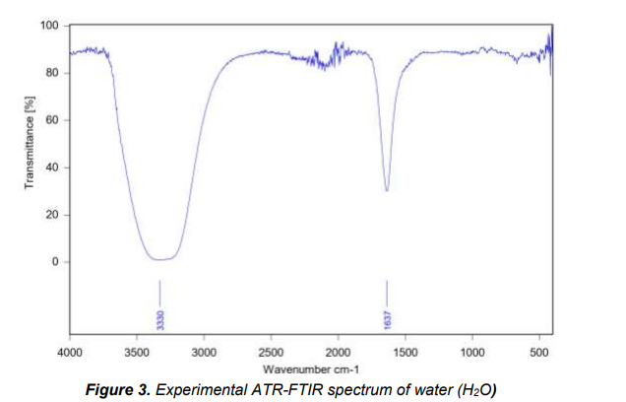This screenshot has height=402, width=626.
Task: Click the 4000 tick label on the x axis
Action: tap(69, 351)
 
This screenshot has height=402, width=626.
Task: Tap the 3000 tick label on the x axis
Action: tap(204, 351)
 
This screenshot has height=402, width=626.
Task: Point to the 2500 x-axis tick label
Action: tap(271, 351)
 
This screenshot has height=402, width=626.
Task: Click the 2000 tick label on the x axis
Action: tap(338, 351)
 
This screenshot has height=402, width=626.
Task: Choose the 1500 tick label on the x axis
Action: tap(406, 351)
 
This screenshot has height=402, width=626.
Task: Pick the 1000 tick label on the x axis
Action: tap(472, 351)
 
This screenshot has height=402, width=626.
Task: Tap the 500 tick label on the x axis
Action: tap(539, 351)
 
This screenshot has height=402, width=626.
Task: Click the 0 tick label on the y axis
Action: tap(56, 262)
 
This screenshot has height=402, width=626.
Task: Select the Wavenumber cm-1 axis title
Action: tap(307, 366)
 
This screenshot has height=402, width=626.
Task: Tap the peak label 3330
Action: tap(160, 319)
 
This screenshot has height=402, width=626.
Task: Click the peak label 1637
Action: tap(387, 319)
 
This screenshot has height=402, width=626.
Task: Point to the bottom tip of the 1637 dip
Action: tap(387, 191)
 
